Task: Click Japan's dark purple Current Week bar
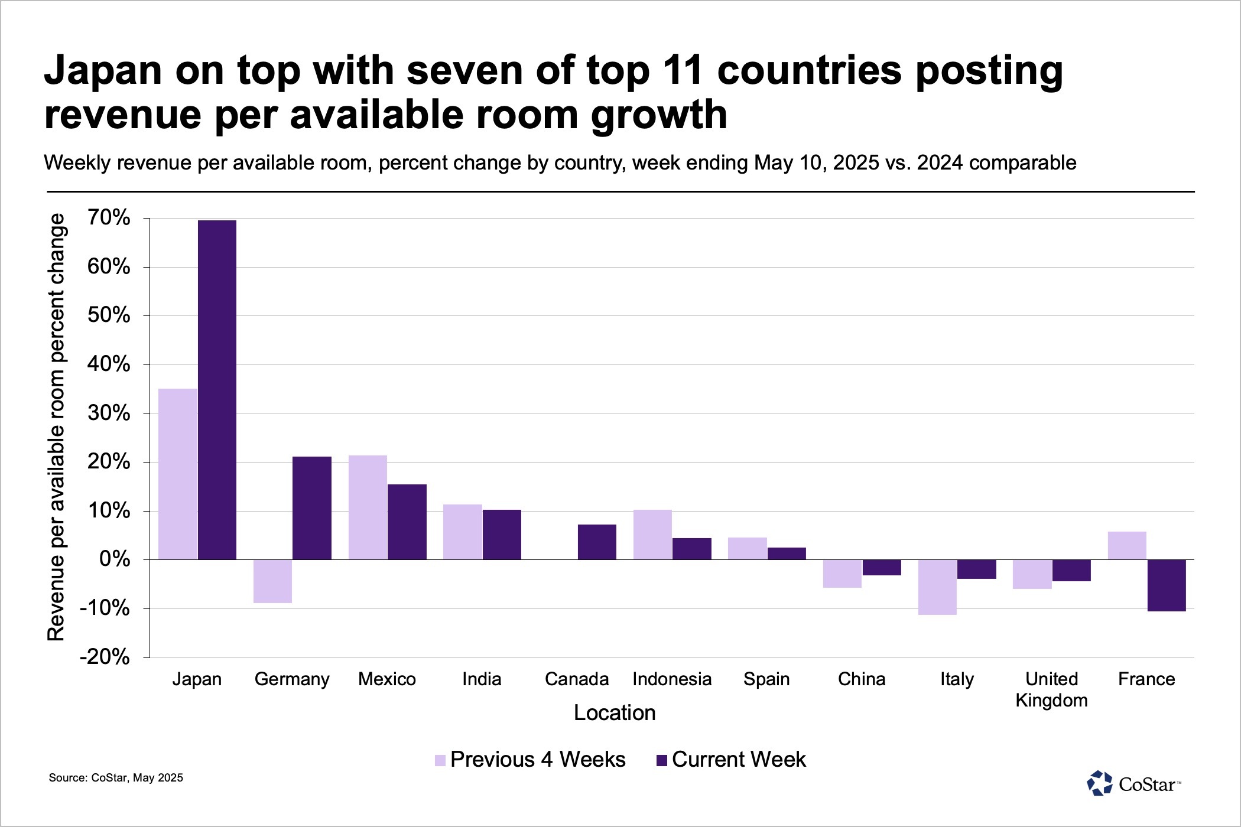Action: pyautogui.click(x=217, y=390)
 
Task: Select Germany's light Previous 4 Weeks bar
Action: pyautogui.click(x=272, y=581)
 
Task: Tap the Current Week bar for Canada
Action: pyautogui.click(x=597, y=542)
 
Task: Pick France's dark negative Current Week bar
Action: pyautogui.click(x=1167, y=585)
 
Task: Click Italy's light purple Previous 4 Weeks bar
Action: pyautogui.click(x=937, y=587)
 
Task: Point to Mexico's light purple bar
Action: pyautogui.click(x=368, y=507)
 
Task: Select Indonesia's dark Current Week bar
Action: pyautogui.click(x=691, y=549)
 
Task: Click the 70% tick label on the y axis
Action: pyautogui.click(x=109, y=218)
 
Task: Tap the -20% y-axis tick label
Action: pyautogui.click(x=105, y=657)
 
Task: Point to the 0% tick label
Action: pyautogui.click(x=115, y=559)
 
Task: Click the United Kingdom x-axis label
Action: pyautogui.click(x=1051, y=689)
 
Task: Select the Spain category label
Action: pyautogui.click(x=766, y=679)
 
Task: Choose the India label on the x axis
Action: pyautogui.click(x=482, y=679)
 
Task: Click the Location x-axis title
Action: pyautogui.click(x=615, y=713)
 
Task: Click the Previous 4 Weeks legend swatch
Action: pyautogui.click(x=440, y=760)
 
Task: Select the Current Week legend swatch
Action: pyautogui.click(x=662, y=760)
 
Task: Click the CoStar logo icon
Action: pyautogui.click(x=1099, y=783)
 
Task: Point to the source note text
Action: pyautogui.click(x=116, y=778)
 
